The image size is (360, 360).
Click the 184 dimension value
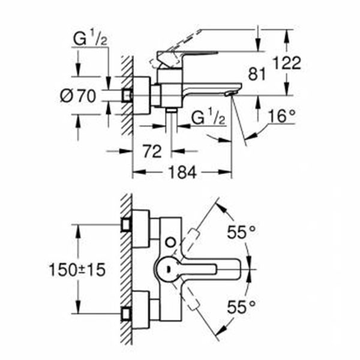click(182, 173)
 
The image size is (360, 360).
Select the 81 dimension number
click(256, 74)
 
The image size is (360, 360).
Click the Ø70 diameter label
click(79, 95)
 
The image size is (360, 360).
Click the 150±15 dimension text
click(77, 270)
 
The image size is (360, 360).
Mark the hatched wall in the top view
click(126, 270)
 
